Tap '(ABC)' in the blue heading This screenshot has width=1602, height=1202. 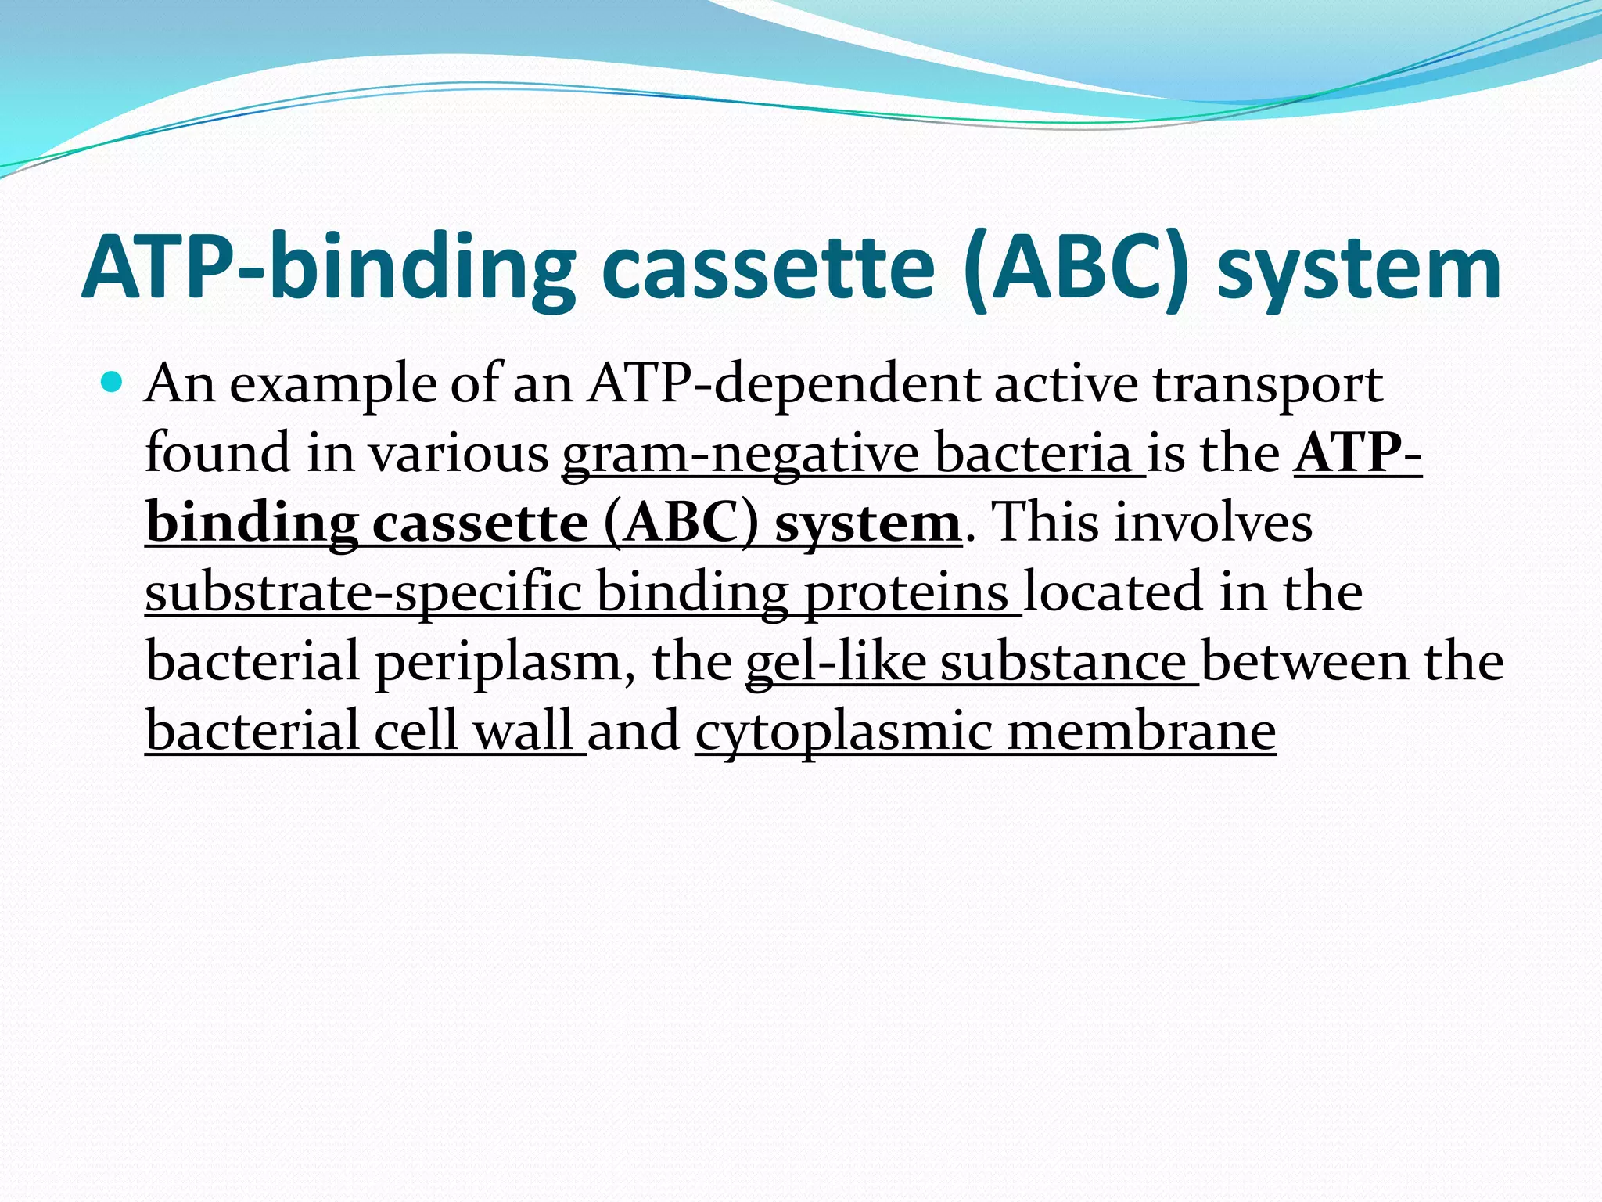pyautogui.click(x=1077, y=268)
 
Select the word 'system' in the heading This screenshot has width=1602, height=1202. pyautogui.click(x=1359, y=268)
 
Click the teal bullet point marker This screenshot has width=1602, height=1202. pyautogui.click(x=113, y=383)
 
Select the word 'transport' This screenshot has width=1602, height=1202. pyautogui.click(x=1267, y=386)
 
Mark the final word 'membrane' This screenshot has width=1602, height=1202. pyautogui.click(x=1141, y=730)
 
